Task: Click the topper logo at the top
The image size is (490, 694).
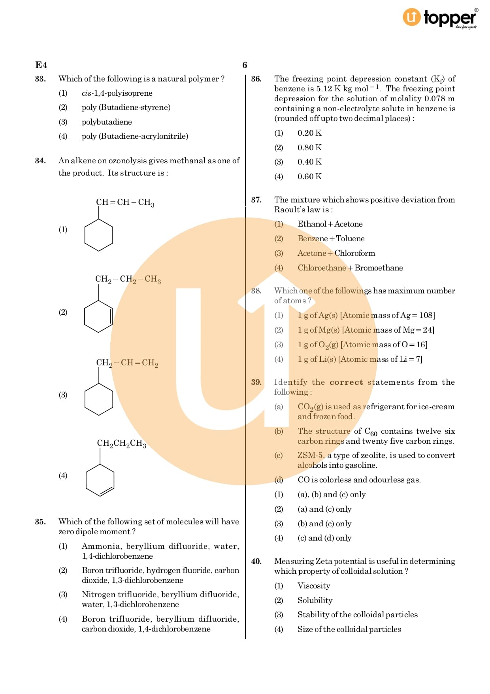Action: (439, 18)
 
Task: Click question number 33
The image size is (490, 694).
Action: (40, 79)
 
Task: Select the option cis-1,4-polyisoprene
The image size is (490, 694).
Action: (117, 93)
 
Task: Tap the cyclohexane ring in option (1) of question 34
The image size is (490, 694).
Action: (99, 235)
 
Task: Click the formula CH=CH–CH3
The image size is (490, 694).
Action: (125, 202)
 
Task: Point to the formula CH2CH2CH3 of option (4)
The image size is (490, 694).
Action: (122, 443)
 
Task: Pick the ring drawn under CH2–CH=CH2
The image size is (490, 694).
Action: (99, 399)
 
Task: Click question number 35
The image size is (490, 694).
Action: (40, 522)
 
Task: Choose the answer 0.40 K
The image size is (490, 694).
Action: (309, 162)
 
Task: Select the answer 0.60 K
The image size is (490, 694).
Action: (309, 177)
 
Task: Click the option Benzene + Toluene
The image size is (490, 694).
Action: (331, 239)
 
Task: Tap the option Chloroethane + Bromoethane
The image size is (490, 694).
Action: (350, 268)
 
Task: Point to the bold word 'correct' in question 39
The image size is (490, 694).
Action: (346, 382)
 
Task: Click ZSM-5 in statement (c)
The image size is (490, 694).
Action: (310, 456)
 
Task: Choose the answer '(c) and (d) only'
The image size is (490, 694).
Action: (324, 538)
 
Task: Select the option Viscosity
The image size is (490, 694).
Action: (314, 586)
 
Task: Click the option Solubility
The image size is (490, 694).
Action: (315, 601)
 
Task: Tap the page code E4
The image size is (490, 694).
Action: (41, 65)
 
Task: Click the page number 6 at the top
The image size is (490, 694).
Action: (245, 65)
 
